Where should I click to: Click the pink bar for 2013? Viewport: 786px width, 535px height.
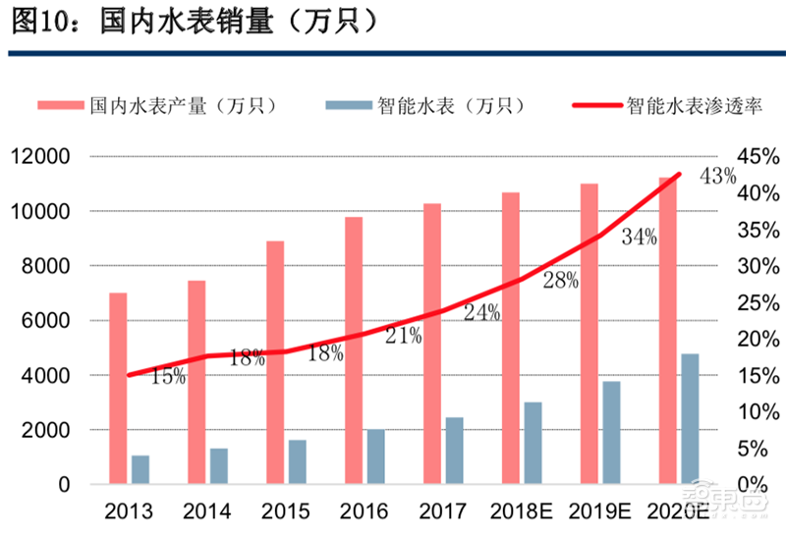(x=118, y=389)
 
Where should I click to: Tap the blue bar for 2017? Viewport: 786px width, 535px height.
(x=454, y=451)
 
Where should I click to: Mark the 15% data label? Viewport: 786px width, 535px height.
(x=168, y=375)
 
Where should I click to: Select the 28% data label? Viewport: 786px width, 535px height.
(x=560, y=280)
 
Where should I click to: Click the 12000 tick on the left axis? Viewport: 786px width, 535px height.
(x=39, y=157)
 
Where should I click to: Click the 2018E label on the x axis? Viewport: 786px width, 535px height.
(x=522, y=511)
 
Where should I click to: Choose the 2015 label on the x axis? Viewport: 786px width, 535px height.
(x=285, y=511)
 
